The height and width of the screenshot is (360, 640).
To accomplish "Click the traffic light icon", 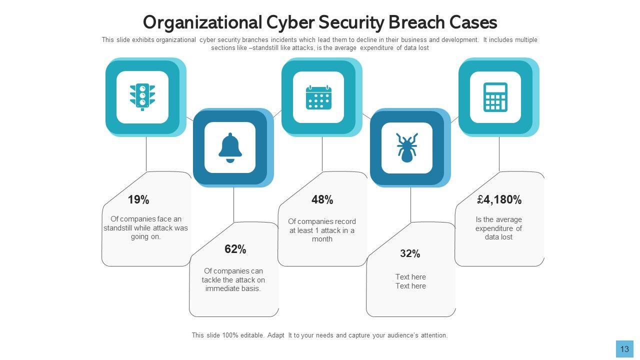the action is coord(142,96).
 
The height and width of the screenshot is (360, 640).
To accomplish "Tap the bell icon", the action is coord(230,147).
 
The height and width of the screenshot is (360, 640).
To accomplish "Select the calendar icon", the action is coord(318,97).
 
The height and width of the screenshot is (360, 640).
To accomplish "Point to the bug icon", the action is coord(406,147).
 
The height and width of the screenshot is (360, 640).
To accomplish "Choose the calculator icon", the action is coord(495,97).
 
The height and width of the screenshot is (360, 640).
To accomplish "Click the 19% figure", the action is coord(138,200).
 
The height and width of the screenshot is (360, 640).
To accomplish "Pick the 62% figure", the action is coord(235,249).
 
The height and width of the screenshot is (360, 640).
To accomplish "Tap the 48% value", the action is coord(322,200).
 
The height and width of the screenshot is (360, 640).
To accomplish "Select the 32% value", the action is coord(410,254).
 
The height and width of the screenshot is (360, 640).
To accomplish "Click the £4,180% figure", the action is coord(499,200).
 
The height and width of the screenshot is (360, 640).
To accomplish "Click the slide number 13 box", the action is coord(624,349).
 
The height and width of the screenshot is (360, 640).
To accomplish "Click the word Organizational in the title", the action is coord(202,22).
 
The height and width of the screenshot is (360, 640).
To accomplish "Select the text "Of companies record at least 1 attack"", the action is coord(322,230).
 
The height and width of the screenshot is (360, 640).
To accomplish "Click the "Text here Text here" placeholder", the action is coord(410,281).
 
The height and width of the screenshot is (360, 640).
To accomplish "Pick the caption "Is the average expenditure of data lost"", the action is coord(499,228).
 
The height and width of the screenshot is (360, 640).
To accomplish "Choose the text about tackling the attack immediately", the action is coord(233,280).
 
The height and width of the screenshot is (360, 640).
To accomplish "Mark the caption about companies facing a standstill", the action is coord(146,227).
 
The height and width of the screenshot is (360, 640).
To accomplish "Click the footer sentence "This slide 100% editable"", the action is coord(319,335).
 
